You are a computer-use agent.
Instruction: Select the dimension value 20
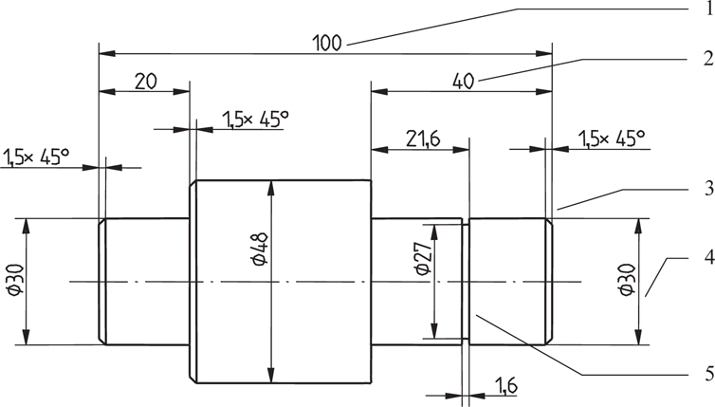[x=145, y=82]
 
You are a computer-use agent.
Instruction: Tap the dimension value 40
[x=464, y=82]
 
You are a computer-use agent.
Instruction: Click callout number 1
[x=706, y=9]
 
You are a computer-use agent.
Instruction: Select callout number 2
[x=706, y=57]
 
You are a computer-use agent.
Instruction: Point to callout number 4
[x=706, y=256]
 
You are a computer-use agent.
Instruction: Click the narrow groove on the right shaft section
[x=466, y=281]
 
